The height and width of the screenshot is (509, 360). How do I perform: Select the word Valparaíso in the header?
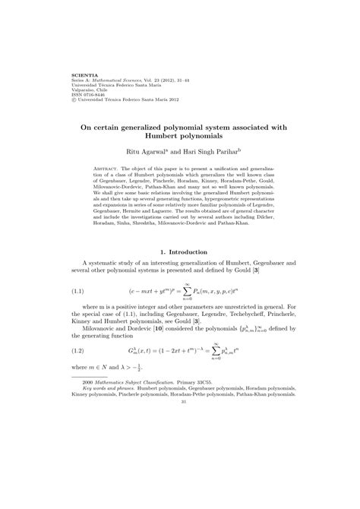click(84, 89)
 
